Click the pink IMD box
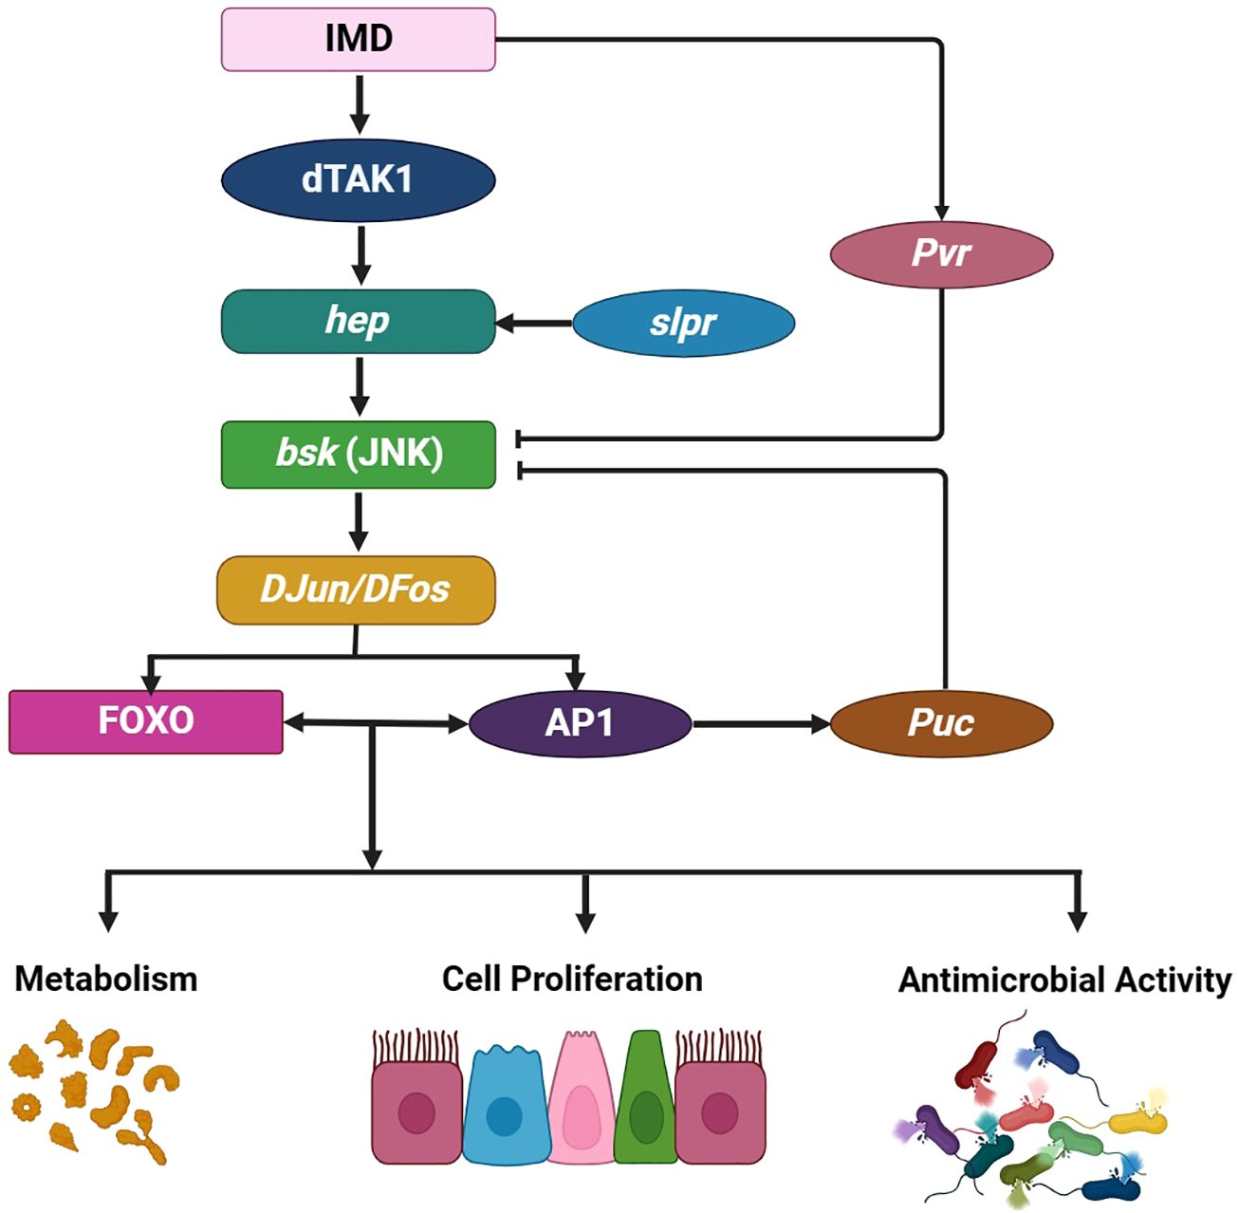tap(358, 39)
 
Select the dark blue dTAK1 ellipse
tap(358, 179)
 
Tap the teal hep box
tap(358, 322)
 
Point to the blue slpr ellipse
tap(683, 324)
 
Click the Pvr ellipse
tap(941, 253)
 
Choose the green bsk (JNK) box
tap(358, 454)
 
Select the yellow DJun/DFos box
tap(356, 589)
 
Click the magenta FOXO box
tap(145, 721)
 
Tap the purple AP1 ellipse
tap(580, 724)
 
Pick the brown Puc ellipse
tap(941, 724)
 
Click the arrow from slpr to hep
tap(533, 324)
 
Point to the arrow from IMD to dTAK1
tap(359, 104)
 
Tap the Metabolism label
tap(106, 979)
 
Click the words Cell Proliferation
tap(572, 979)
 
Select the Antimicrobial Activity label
tap(1064, 980)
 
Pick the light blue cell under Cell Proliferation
tap(505, 1106)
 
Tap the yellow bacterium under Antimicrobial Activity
tap(1138, 1121)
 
